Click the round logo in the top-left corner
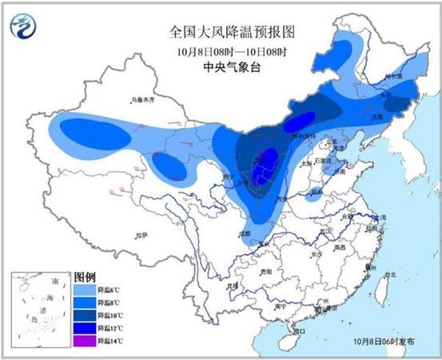coord(24,28)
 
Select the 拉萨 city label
coord(141,235)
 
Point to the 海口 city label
coord(299,330)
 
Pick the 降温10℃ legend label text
coord(110,315)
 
